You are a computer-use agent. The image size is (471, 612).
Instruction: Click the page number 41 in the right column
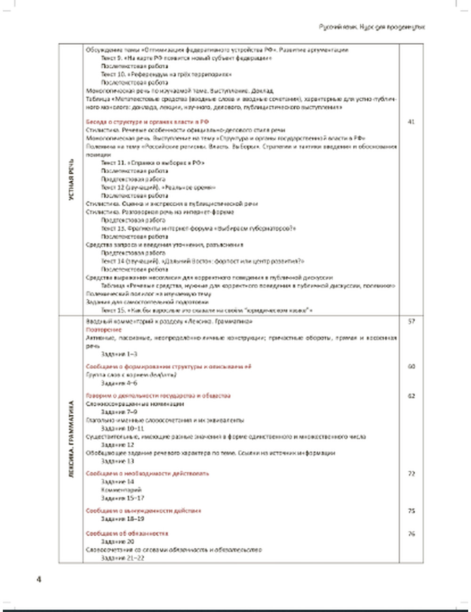pos(411,122)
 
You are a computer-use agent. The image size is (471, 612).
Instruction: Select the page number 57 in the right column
pos(411,322)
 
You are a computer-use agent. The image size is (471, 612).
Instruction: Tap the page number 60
pos(411,366)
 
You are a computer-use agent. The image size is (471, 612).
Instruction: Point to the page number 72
pos(411,474)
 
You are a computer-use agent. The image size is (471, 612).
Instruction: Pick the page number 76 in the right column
pos(411,534)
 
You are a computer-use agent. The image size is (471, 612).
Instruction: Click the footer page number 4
pos(39,580)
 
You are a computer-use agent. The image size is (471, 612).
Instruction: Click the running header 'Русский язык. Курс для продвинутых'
pos(372,27)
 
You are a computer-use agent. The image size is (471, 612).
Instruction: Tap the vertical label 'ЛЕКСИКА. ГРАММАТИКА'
pos(72,440)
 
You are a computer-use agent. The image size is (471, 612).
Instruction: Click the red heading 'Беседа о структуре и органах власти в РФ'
pos(147,122)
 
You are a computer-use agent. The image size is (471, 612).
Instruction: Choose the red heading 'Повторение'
pos(104,330)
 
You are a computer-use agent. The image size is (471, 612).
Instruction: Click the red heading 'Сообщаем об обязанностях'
pos(127,534)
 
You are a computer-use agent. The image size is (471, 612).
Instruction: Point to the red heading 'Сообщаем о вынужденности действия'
pos(143,511)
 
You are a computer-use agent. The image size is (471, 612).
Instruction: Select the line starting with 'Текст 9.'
pos(186,58)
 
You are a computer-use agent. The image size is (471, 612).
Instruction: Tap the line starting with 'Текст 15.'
pos(207,310)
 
